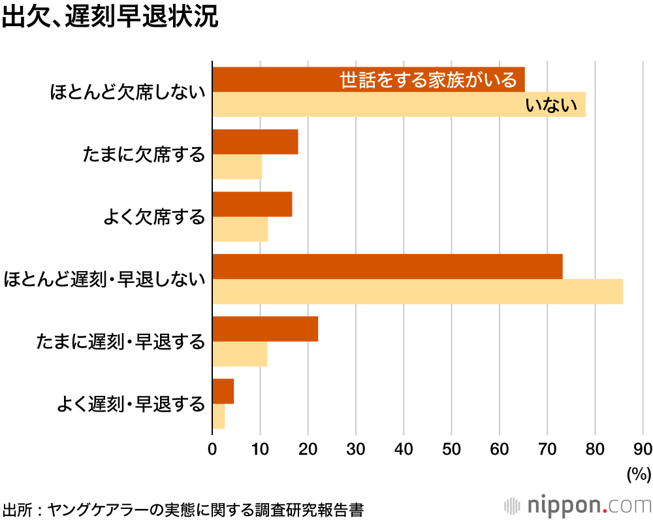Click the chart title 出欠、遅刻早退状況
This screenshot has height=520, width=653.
click(x=110, y=18)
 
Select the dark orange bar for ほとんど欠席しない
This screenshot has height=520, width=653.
click(x=274, y=80)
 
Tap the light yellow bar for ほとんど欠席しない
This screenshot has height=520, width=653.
click(x=366, y=105)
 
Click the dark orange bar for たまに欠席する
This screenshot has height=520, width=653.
click(x=255, y=142)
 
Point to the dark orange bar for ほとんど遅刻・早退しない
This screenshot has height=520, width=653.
click(x=387, y=267)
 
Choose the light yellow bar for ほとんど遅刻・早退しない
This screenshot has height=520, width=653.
click(x=418, y=291)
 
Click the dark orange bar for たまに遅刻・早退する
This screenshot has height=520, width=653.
click(x=265, y=329)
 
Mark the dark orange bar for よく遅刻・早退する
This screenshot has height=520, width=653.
click(x=223, y=391)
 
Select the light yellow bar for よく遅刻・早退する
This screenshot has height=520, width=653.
click(x=219, y=416)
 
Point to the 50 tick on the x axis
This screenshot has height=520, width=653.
click(x=452, y=449)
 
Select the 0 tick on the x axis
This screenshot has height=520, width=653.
click(x=213, y=449)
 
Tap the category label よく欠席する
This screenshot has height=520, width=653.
click(x=154, y=217)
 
